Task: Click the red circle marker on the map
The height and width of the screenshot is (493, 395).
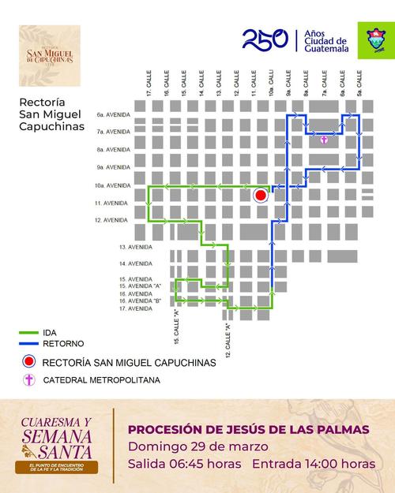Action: [x=259, y=196]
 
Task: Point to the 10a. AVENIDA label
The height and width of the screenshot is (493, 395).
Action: [x=111, y=185]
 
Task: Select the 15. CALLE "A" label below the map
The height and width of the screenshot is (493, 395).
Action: [x=177, y=332]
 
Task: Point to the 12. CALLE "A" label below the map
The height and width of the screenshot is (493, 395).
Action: [x=228, y=337]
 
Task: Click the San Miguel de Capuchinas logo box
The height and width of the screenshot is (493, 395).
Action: [x=51, y=55]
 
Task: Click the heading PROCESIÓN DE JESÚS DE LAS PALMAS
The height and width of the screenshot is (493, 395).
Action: [x=248, y=430]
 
